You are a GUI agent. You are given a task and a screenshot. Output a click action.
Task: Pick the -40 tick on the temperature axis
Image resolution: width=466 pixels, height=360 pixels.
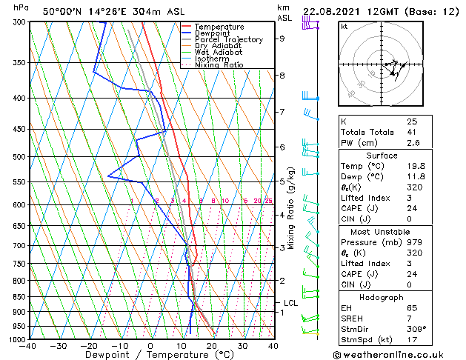(x=29, y=346)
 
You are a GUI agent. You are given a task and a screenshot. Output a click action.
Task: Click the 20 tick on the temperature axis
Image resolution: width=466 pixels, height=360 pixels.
(x=212, y=346)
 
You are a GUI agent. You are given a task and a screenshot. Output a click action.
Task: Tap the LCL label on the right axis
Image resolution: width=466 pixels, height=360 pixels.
(x=291, y=303)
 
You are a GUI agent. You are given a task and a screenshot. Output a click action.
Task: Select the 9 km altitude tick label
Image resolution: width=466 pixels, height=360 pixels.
(x=282, y=39)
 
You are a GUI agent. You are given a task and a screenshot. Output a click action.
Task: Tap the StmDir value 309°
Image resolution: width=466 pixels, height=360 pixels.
(x=416, y=329)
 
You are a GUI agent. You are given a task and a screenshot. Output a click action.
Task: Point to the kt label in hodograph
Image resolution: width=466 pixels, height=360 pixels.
(x=344, y=26)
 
